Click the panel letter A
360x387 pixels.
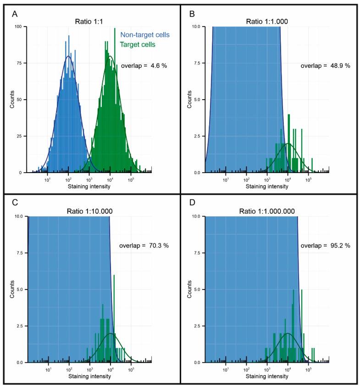click(x=15, y=14)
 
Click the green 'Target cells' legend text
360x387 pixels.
click(x=138, y=45)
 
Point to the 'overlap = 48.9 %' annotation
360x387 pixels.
click(x=325, y=66)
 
